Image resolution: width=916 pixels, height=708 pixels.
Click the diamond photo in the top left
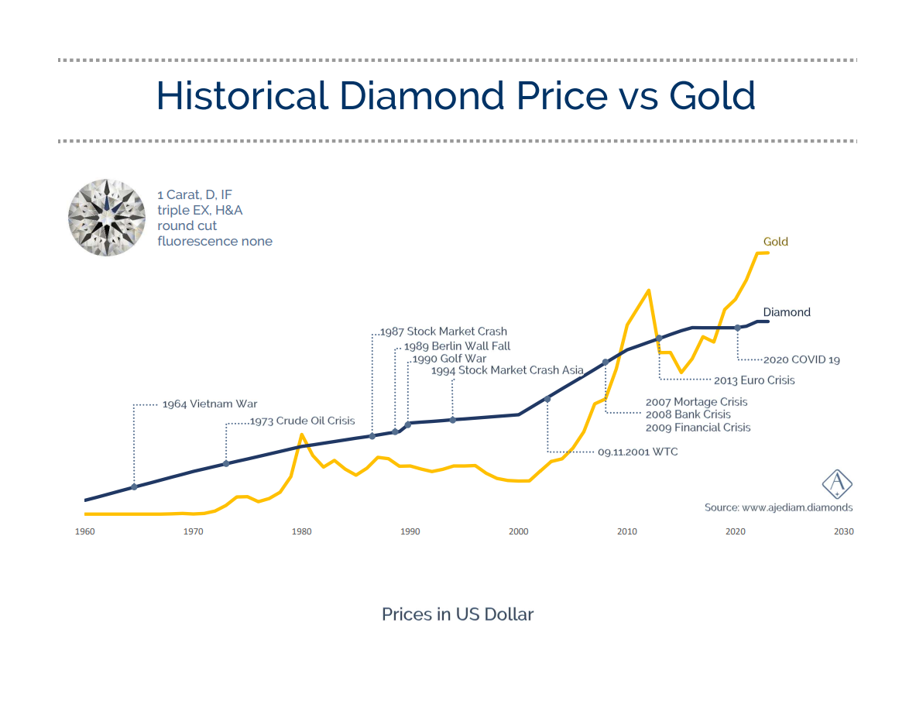point(107,218)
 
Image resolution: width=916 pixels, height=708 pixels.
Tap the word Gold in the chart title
point(712,96)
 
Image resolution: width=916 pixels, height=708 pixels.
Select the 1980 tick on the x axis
point(302,531)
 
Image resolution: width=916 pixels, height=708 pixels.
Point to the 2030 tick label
point(843,531)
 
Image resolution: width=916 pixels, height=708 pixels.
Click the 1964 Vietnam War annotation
point(209,404)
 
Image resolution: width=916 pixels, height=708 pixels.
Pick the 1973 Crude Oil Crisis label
point(302,421)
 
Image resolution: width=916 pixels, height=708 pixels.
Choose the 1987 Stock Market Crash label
point(444,332)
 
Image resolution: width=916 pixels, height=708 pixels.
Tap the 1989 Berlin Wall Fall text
point(457,346)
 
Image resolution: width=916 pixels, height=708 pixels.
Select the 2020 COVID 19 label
point(801,360)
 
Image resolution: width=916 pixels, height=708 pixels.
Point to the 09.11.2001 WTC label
point(637,452)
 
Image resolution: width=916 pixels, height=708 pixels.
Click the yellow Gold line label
point(775,242)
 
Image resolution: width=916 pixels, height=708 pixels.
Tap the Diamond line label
point(787,312)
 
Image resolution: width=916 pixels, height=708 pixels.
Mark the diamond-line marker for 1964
point(135,486)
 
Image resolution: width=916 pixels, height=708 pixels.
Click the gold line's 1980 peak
point(301,435)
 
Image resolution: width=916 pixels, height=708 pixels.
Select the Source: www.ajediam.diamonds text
point(778,507)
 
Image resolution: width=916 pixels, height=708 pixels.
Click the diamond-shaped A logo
point(837,484)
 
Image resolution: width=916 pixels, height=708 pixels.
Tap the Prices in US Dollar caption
point(458,614)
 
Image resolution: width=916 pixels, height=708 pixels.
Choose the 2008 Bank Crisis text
point(688,414)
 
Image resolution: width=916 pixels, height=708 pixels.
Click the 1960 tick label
point(84,531)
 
